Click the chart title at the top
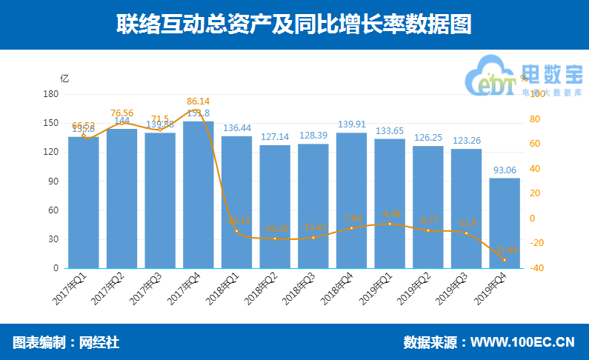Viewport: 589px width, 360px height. point(294,24)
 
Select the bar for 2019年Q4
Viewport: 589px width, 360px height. point(505,222)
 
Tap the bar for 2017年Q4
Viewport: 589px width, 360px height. point(198,194)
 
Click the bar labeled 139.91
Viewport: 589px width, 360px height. point(351,200)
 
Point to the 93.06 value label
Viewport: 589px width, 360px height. point(505,170)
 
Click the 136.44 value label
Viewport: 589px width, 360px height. point(237,128)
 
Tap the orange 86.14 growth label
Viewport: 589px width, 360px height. point(199,101)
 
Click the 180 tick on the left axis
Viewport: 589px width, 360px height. point(51,94)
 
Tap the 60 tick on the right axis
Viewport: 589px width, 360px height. point(536,144)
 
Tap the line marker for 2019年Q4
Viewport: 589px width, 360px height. point(505,259)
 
